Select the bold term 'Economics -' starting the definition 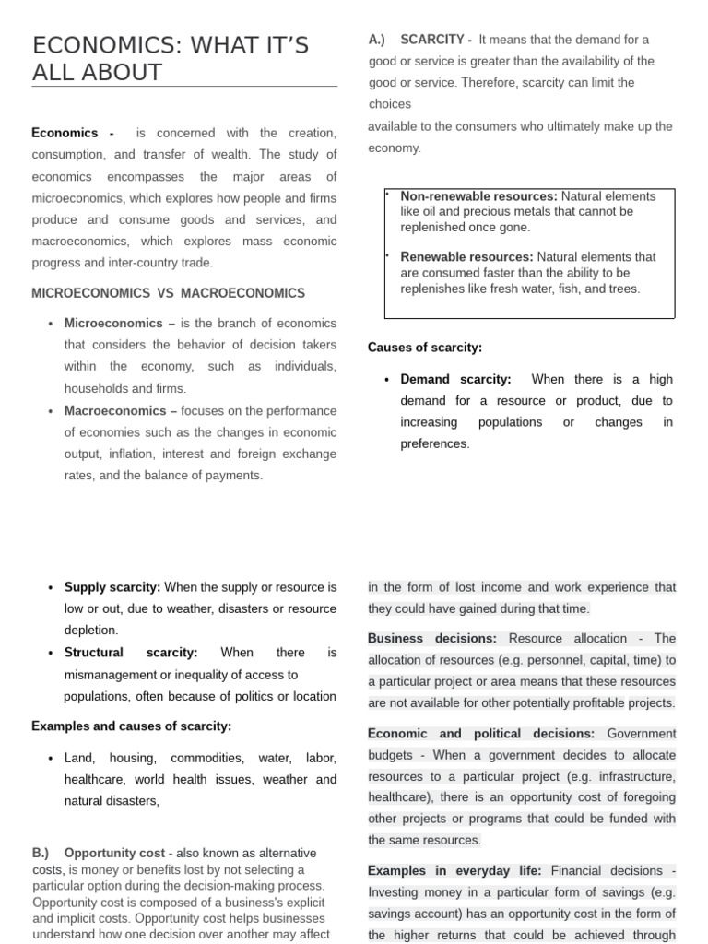pos(73,133)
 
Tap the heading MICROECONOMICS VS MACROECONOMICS pos(168,293)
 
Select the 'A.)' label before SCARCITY pos(376,40)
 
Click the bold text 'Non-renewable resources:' pos(478,196)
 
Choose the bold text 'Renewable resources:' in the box pos(466,257)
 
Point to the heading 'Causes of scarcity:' pos(425,348)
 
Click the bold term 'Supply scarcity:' pos(112,587)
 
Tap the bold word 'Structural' pos(94,653)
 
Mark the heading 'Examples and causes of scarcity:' pos(132,726)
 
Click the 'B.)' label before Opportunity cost pos(41,853)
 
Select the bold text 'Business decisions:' pos(431,638)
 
